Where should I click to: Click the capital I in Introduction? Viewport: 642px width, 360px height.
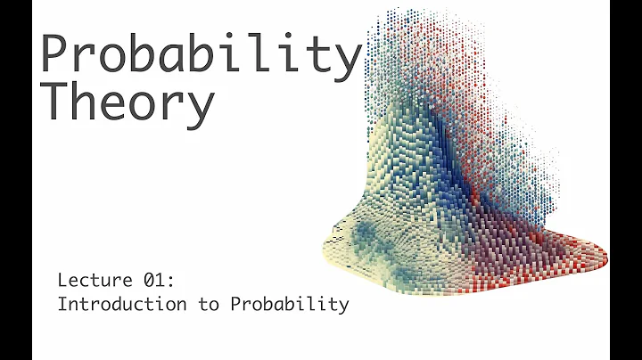coord(62,304)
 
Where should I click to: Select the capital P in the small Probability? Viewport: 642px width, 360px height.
coord(235,304)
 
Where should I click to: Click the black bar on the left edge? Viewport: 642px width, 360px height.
coord(16,180)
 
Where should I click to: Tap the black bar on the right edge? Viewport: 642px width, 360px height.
coord(625,180)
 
